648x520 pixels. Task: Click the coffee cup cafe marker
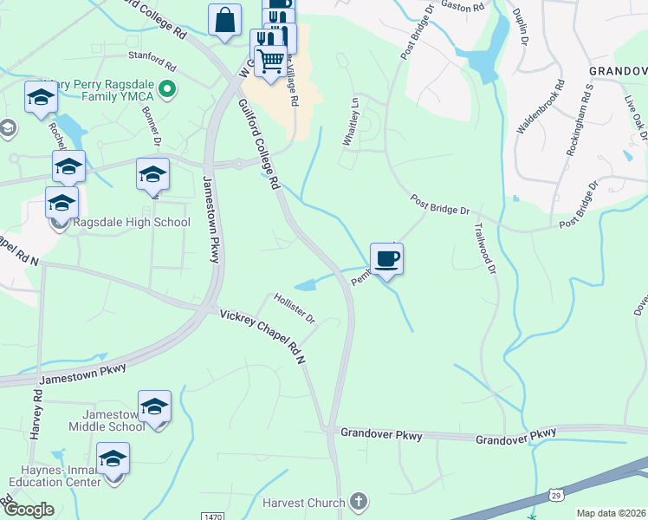(x=387, y=258)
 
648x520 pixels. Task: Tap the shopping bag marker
(x=225, y=20)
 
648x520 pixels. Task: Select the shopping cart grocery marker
(x=270, y=62)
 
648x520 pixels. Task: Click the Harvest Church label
(x=304, y=502)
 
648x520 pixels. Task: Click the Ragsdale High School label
(x=131, y=223)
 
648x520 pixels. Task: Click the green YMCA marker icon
(x=168, y=87)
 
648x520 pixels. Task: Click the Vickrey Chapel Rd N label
(x=264, y=336)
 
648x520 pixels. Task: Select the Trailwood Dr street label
(x=484, y=250)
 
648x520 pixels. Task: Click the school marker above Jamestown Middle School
(x=154, y=406)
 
